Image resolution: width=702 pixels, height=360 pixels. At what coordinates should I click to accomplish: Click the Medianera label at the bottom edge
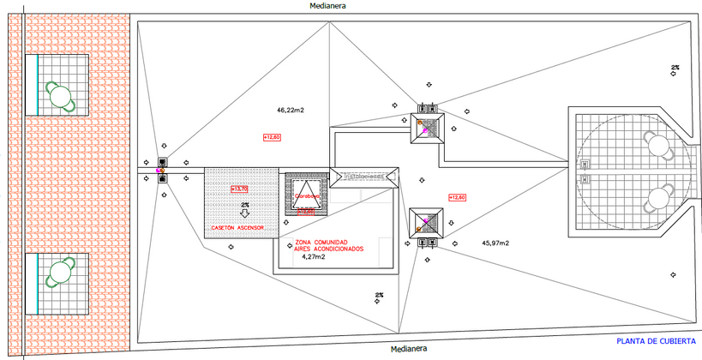click(407, 349)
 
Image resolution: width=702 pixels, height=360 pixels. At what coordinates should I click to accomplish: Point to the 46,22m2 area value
click(291, 111)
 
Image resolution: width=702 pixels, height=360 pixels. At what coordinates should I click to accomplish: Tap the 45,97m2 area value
click(495, 243)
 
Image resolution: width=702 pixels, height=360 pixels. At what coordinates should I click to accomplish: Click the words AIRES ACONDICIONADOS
click(329, 249)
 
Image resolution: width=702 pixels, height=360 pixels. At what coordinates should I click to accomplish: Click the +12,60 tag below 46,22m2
click(273, 137)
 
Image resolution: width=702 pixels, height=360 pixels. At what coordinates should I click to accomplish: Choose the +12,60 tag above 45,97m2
click(456, 197)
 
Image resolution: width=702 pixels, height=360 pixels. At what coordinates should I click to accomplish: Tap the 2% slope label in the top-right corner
click(675, 67)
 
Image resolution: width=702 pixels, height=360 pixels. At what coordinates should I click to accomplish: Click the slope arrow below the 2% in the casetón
click(245, 214)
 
